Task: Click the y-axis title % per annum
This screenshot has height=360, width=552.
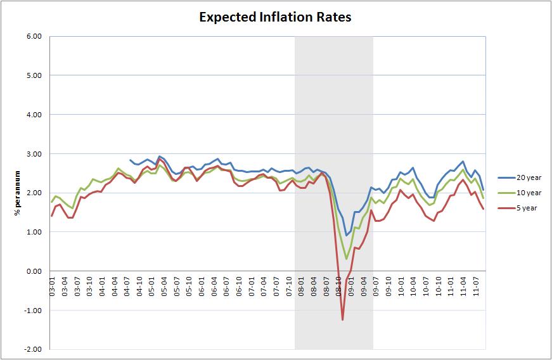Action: tap(18, 193)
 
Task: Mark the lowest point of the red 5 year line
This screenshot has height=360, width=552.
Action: tap(343, 320)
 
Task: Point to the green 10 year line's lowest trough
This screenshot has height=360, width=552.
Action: tap(347, 259)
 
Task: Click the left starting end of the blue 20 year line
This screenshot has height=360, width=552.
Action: tap(129, 160)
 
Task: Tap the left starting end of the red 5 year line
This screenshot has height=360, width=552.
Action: tap(51, 216)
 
